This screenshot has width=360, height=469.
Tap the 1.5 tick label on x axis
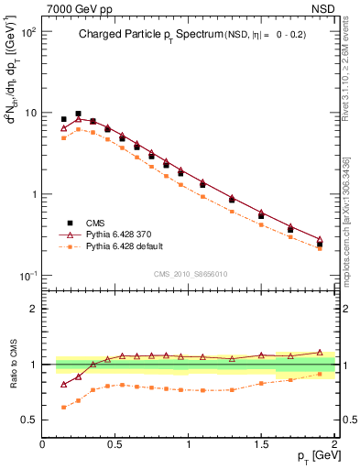261,443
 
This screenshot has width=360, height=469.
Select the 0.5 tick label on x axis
115,443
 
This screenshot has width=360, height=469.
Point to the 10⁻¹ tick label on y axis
27,276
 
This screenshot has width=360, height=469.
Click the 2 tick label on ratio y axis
34,310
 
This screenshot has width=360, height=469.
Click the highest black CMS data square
78,114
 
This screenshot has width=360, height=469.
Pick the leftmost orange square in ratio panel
63,407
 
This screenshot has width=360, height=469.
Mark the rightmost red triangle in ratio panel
320,352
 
